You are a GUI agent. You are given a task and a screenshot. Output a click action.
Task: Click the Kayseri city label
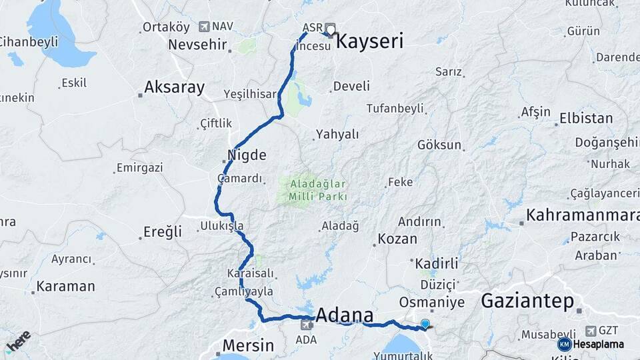click(x=369, y=41)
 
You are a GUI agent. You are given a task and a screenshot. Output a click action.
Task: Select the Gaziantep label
click(x=527, y=301)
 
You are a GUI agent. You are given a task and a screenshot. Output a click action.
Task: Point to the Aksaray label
click(x=174, y=87)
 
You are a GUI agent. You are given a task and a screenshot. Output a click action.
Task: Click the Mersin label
click(x=248, y=345)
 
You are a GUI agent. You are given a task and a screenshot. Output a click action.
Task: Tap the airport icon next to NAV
click(x=205, y=27)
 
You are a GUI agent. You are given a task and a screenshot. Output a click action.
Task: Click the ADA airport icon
click(x=307, y=325)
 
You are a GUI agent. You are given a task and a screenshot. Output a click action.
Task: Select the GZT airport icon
click(x=591, y=331)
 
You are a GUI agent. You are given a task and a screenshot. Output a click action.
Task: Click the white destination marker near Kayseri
click(x=329, y=30)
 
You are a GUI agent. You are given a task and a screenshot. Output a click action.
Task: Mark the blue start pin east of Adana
click(x=425, y=324)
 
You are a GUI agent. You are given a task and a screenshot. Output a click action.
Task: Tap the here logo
click(x=18, y=341)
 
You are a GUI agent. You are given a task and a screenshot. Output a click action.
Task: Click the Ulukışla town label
click(x=222, y=226)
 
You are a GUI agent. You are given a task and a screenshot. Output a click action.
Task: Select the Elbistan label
click(x=586, y=119)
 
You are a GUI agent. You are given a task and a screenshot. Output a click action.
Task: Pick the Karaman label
click(x=65, y=286)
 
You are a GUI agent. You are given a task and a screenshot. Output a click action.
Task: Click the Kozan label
click(x=397, y=239)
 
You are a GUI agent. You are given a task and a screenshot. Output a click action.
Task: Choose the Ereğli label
click(x=163, y=232)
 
